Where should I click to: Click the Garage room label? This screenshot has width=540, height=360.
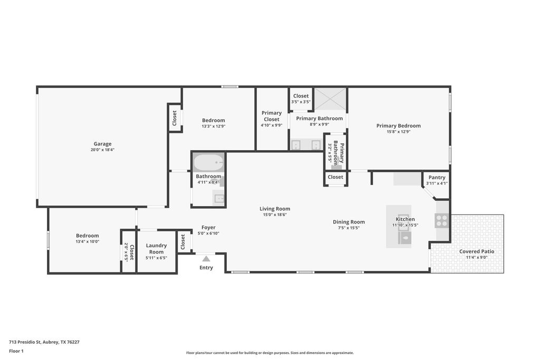coord(103,144)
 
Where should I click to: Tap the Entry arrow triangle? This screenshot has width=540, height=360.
coord(206,259)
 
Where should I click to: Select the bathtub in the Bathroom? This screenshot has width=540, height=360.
coord(208,162)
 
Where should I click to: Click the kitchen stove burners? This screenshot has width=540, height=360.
coord(441,221)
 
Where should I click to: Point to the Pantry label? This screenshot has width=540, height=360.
coord(437,177)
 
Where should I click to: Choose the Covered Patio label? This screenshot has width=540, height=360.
coord(477,251)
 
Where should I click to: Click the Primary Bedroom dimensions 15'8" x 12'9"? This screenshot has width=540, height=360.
coord(399,131)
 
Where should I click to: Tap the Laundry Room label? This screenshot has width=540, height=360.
coord(156,248)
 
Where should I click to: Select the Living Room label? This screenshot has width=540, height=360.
coord(275,209)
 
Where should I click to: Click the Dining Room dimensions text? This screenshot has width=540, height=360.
coord(349,228)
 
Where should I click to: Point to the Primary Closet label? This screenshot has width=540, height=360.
coord(272,116)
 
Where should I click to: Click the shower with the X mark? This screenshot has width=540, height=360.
coord(330,99)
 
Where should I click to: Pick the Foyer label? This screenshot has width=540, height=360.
coord(208,227)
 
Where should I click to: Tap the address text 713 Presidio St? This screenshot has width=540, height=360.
coord(25,342)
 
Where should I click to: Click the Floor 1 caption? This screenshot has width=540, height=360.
coord(16,351)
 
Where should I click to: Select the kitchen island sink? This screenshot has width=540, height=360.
coord(405,237)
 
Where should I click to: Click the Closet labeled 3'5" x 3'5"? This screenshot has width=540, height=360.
coord(301,96)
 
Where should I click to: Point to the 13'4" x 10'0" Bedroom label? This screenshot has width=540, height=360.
coord(88,236)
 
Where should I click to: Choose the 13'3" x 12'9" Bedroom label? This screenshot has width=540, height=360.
coord(214,120)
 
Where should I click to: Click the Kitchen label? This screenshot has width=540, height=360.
coord(406,219)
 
